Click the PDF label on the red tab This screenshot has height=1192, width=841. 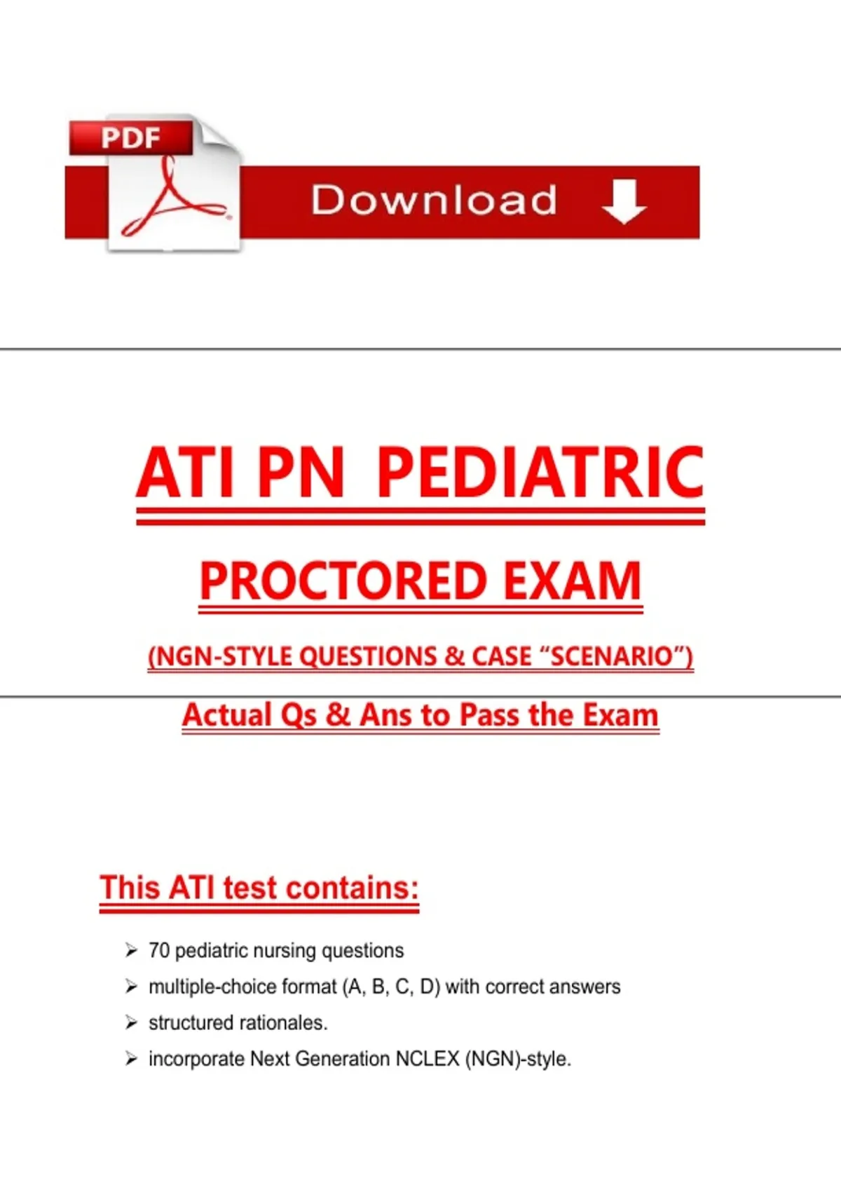[x=131, y=137]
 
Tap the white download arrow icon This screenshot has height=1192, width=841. [x=624, y=201]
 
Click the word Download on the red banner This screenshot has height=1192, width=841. [x=434, y=200]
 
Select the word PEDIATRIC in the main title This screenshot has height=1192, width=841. [x=540, y=473]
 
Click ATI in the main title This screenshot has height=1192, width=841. [x=184, y=473]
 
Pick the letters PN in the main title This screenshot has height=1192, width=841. [x=301, y=473]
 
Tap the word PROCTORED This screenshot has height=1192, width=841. [x=343, y=581]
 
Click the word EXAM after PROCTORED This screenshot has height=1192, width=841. [x=573, y=581]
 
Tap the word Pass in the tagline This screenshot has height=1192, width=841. [x=489, y=714]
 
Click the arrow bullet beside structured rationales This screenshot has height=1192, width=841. [x=131, y=1022]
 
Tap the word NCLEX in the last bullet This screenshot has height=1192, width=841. [x=428, y=1059]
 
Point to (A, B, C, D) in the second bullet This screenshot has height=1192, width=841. [x=392, y=987]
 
